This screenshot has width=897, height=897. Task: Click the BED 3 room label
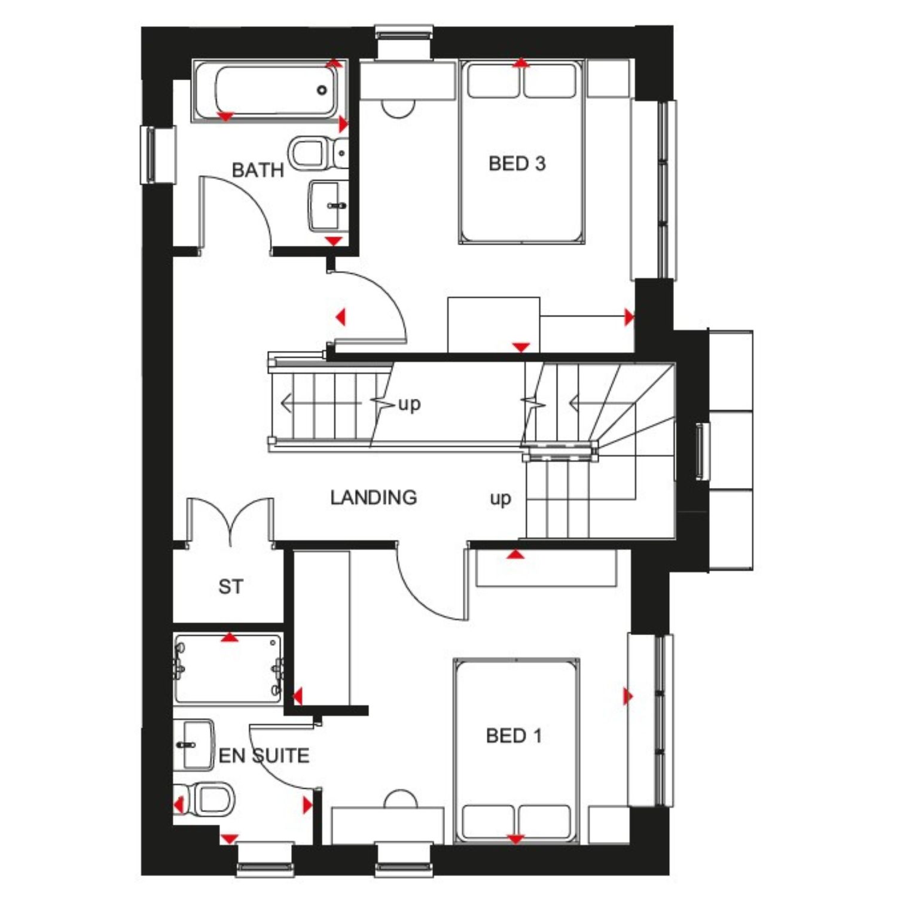[517, 163]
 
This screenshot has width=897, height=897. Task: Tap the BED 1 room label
[514, 736]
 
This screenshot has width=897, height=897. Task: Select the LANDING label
[374, 497]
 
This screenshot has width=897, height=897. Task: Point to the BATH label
[258, 170]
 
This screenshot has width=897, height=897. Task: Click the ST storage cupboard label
[231, 587]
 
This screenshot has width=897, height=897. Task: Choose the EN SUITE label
[264, 755]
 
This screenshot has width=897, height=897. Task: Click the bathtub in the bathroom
[268, 91]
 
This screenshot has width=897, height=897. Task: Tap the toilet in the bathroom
[318, 153]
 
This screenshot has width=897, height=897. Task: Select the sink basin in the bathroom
[328, 206]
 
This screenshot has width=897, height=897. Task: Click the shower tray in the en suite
[228, 669]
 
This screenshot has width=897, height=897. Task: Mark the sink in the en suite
[193, 745]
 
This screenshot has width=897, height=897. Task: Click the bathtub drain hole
[322, 90]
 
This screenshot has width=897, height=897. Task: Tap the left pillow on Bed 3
[493, 81]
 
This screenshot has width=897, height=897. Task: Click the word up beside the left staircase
[410, 405]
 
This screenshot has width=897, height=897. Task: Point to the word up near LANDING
[501, 499]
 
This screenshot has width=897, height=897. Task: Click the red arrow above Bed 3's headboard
[521, 62]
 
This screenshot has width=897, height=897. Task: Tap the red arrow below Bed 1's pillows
[515, 840]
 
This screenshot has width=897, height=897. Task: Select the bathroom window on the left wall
[158, 154]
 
